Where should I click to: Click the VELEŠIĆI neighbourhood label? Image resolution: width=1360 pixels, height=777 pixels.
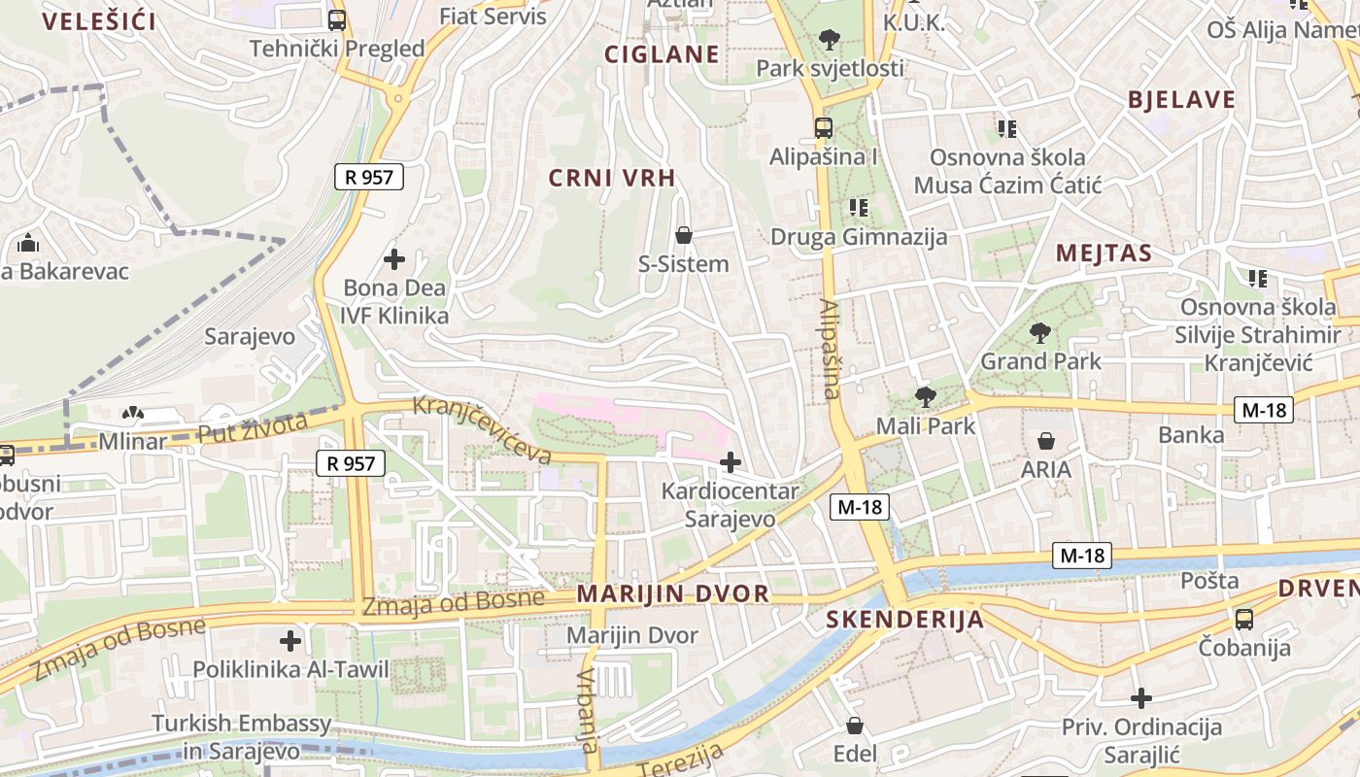point(99,21)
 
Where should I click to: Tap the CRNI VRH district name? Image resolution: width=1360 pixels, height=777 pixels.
point(611,178)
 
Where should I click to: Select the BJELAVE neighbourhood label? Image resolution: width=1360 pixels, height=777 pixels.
point(1181,99)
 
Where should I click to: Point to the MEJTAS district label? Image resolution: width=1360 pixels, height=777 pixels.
point(1104,254)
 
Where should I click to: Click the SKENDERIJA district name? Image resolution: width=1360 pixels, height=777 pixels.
point(904,620)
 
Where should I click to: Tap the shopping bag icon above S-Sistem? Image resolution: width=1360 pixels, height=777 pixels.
point(684,235)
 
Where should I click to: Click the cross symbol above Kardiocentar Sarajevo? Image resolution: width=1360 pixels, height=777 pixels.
point(730,462)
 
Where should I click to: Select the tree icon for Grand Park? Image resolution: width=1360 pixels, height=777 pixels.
point(1040,333)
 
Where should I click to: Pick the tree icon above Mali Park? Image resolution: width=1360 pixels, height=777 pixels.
point(925,396)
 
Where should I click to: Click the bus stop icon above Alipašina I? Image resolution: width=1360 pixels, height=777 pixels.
point(824,127)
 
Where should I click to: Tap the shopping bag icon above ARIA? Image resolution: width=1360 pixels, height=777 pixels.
point(1046,441)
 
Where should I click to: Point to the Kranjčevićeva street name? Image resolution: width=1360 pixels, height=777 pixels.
point(483,430)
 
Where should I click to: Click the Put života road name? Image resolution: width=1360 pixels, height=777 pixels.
point(253,427)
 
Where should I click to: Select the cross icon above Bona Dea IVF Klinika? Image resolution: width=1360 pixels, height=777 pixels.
point(394,259)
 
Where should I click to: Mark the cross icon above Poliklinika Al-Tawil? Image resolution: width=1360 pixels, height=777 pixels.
point(290,641)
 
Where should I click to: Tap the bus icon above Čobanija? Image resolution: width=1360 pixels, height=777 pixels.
point(1244,619)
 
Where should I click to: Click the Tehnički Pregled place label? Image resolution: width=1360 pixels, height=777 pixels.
point(337,49)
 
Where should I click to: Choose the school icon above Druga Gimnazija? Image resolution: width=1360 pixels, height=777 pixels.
point(858,207)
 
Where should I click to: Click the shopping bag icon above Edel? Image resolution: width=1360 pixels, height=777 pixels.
point(855,726)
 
